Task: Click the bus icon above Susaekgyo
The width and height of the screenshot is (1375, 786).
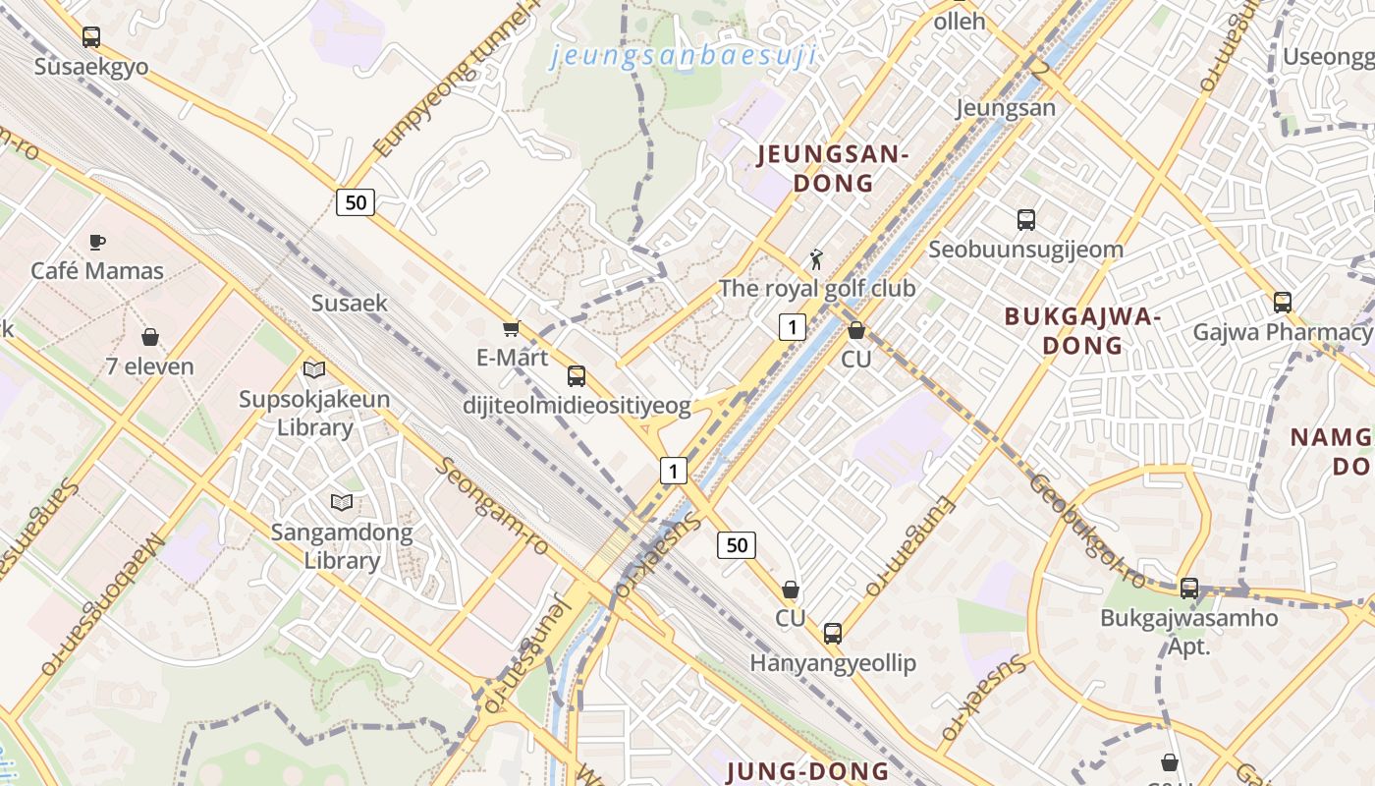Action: [x=91, y=37]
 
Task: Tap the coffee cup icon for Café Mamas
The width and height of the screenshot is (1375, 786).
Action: [x=97, y=242]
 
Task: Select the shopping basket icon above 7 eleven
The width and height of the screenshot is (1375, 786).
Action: [x=150, y=337]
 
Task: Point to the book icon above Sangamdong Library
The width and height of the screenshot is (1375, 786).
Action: [x=342, y=503]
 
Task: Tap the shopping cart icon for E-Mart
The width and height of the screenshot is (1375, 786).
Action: [x=511, y=329]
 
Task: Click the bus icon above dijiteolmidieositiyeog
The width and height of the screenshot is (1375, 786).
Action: [x=577, y=375]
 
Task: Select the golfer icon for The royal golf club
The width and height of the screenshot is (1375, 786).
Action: [x=816, y=259]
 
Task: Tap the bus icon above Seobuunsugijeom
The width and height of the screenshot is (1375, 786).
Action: [x=1026, y=220]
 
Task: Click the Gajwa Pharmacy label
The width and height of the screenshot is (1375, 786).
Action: [x=1281, y=332]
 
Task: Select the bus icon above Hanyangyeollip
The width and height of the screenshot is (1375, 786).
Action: [x=833, y=634]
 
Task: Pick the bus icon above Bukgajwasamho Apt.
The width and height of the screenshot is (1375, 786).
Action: [x=1189, y=589]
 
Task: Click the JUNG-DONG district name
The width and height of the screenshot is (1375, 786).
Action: [x=807, y=771]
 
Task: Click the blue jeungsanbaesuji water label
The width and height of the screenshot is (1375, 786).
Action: [x=684, y=56]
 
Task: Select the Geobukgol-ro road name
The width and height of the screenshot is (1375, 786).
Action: [x=1087, y=531]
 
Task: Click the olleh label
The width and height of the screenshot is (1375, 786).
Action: [x=959, y=21]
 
